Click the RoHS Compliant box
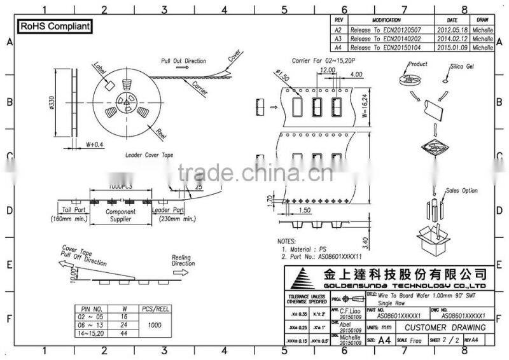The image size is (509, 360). point(53,27)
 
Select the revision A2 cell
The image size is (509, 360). point(338,30)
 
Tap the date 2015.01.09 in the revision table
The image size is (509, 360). point(453,48)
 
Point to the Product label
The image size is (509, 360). point(418,65)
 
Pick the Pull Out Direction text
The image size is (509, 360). point(183,60)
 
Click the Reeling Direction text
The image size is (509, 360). point(184,260)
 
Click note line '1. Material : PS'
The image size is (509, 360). point(304,250)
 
